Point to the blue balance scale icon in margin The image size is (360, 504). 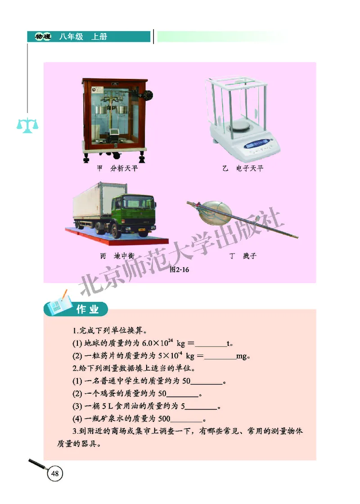tap(27, 125)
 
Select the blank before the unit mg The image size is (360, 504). tap(220, 357)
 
